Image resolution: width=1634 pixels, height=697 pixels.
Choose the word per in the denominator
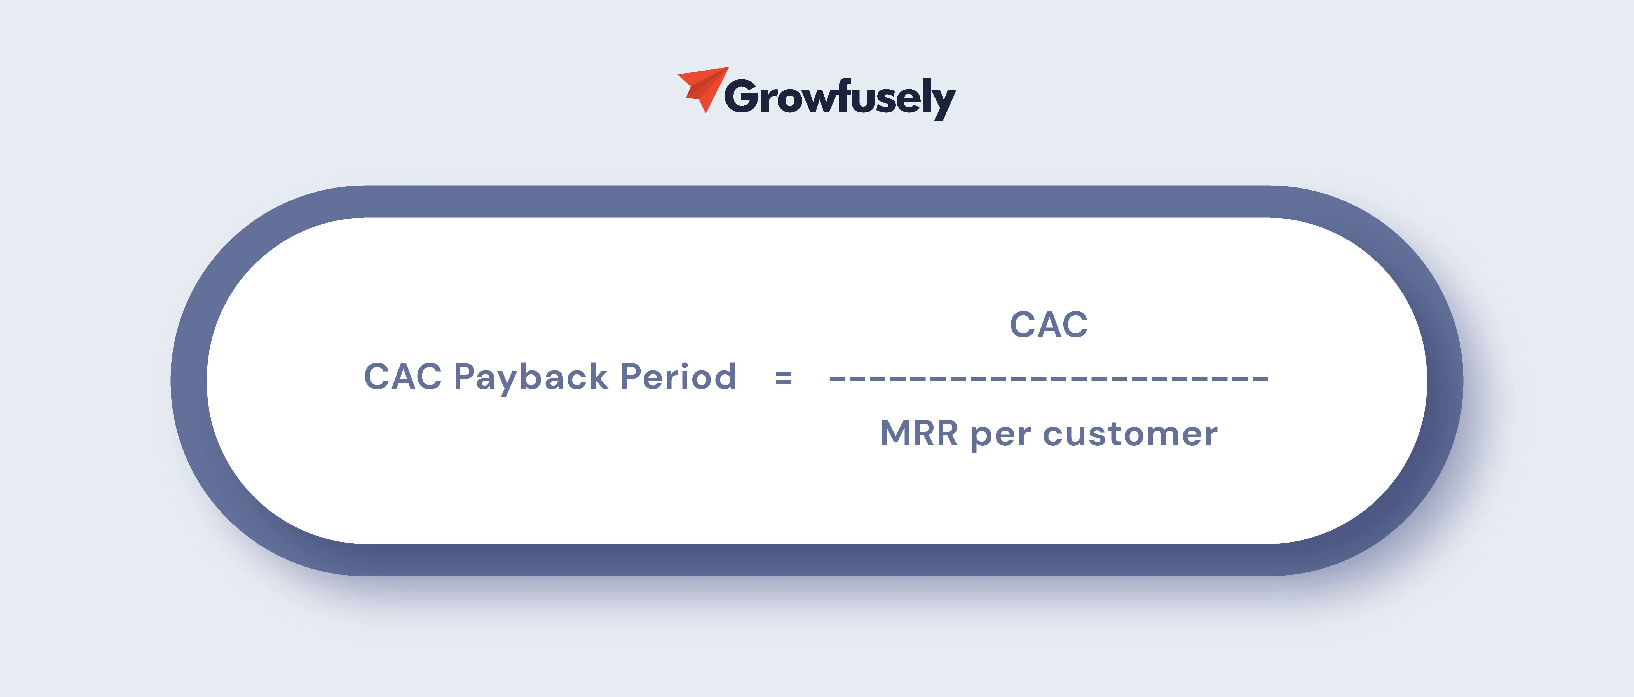[1000, 436]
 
